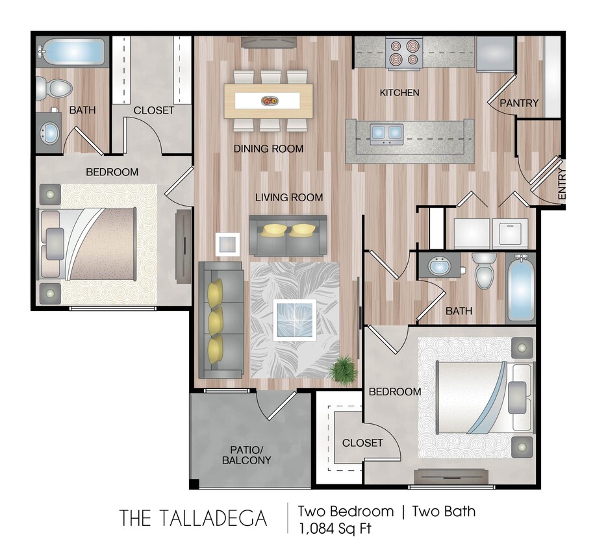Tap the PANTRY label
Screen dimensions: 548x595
pyautogui.click(x=519, y=103)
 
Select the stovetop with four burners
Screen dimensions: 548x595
pyautogui.click(x=404, y=54)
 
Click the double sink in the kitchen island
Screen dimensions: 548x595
pyautogui.click(x=386, y=133)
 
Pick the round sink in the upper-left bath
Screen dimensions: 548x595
pyautogui.click(x=49, y=132)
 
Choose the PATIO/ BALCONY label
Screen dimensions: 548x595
pyautogui.click(x=246, y=455)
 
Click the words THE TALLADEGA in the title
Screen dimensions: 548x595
pyautogui.click(x=193, y=518)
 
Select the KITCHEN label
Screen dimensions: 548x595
pyautogui.click(x=399, y=93)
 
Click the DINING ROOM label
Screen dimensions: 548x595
pyautogui.click(x=269, y=149)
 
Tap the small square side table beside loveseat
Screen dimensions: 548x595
pyautogui.click(x=228, y=243)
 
